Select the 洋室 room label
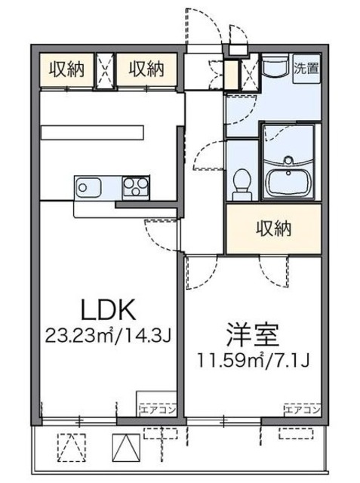point(254,333)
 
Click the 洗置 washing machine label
point(306,66)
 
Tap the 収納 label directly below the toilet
point(272,228)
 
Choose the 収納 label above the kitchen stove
point(146,70)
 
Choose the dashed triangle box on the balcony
point(69,449)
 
